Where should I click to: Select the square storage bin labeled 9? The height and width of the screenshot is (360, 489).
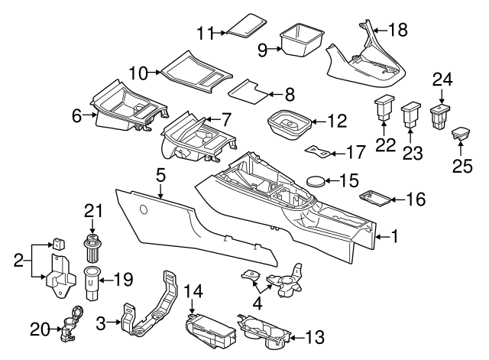[301, 40]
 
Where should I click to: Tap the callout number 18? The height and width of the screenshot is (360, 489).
[398, 30]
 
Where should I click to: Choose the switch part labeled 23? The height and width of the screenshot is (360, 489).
[412, 115]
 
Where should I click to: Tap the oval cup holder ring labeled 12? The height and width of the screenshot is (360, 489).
[289, 125]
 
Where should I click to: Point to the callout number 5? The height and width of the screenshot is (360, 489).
[160, 175]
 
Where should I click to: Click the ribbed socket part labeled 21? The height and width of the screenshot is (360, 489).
[93, 248]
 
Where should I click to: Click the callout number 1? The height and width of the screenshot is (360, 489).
[394, 236]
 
